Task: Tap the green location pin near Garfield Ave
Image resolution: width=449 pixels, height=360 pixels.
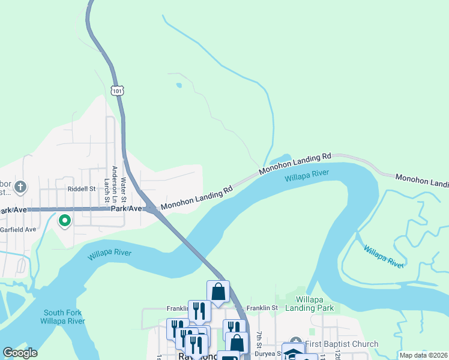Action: pos(65,221)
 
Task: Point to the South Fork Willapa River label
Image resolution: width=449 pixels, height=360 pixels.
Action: pos(62,317)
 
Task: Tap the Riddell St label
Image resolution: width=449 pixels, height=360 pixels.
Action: pos(82,188)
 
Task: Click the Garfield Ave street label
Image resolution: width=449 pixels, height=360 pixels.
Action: pos(18,229)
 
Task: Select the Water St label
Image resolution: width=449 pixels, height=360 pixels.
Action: pos(124,188)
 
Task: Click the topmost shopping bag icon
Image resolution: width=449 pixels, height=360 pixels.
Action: pos(218,292)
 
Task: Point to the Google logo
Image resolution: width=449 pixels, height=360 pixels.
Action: pos(19,353)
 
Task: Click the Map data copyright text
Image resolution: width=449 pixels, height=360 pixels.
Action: pos(423,355)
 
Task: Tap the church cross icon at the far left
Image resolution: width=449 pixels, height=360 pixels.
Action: pos(20,187)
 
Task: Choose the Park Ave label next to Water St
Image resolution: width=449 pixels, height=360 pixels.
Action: pos(126,209)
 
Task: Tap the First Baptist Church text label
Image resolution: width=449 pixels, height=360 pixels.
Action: pos(342,344)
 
